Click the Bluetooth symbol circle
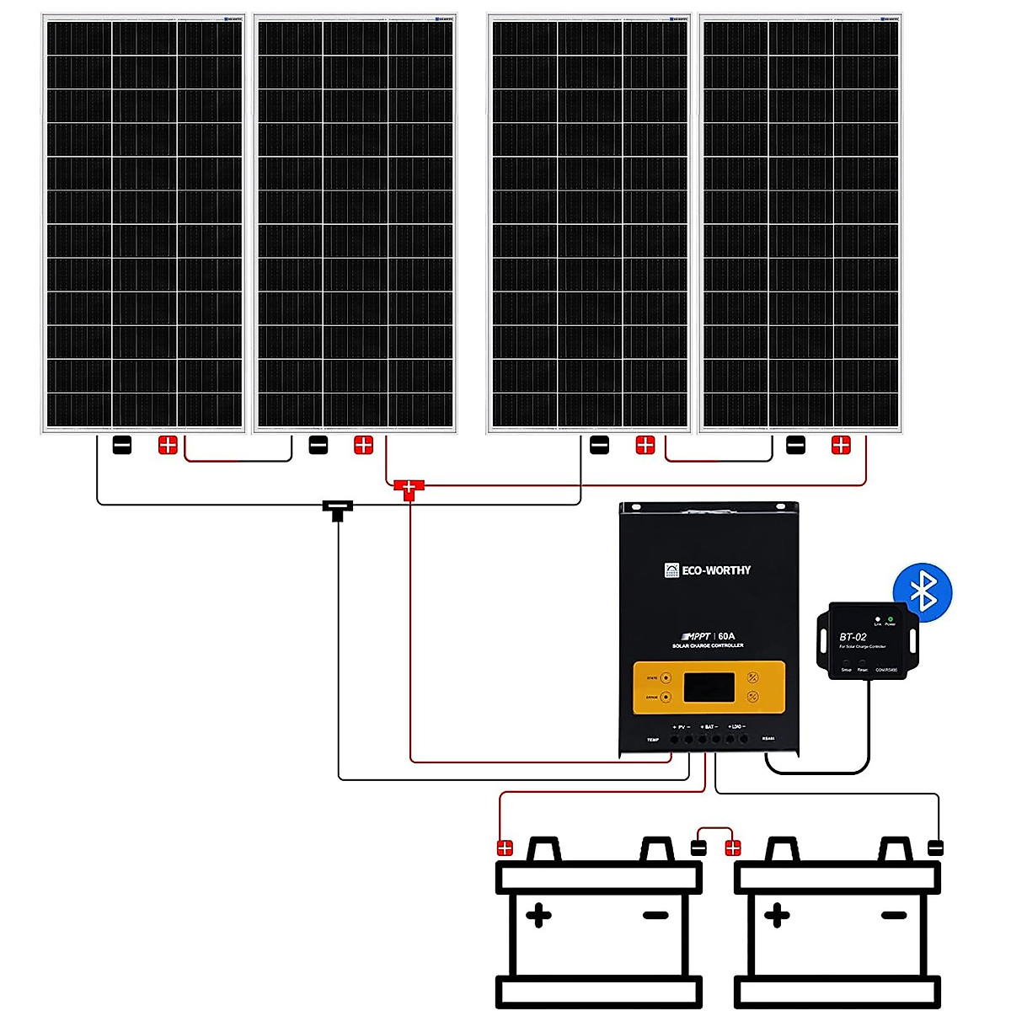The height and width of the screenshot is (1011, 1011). pyautogui.click(x=923, y=591)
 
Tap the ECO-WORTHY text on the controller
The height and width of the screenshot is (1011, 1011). pyautogui.click(x=716, y=570)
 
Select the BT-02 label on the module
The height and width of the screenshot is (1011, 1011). pyautogui.click(x=853, y=637)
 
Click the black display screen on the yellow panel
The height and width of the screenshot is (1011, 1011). pyautogui.click(x=709, y=687)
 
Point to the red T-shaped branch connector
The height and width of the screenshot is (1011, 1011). pyautogui.click(x=409, y=489)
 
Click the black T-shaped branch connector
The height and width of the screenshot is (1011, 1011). pyautogui.click(x=337, y=509)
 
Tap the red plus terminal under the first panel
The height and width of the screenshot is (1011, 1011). pyautogui.click(x=168, y=445)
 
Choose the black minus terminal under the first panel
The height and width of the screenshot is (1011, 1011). pyautogui.click(x=122, y=445)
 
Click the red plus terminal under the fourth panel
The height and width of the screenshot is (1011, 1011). pyautogui.click(x=841, y=445)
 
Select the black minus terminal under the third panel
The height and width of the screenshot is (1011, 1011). pyautogui.click(x=599, y=445)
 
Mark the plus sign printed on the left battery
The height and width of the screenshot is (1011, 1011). pyautogui.click(x=538, y=915)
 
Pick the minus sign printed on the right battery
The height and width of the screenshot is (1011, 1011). pyautogui.click(x=894, y=915)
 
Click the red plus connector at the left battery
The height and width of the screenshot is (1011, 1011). pyautogui.click(x=505, y=848)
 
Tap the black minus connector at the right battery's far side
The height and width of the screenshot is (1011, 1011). pyautogui.click(x=935, y=848)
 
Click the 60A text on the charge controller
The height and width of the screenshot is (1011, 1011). pyautogui.click(x=726, y=637)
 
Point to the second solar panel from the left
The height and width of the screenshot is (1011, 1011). pyautogui.click(x=355, y=223)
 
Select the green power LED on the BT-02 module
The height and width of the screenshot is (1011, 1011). pyautogui.click(x=891, y=619)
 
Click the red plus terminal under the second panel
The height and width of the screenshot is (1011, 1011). pyautogui.click(x=363, y=445)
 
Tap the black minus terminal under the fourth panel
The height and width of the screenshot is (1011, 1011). pyautogui.click(x=795, y=445)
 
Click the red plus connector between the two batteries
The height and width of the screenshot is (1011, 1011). pyautogui.click(x=732, y=848)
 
